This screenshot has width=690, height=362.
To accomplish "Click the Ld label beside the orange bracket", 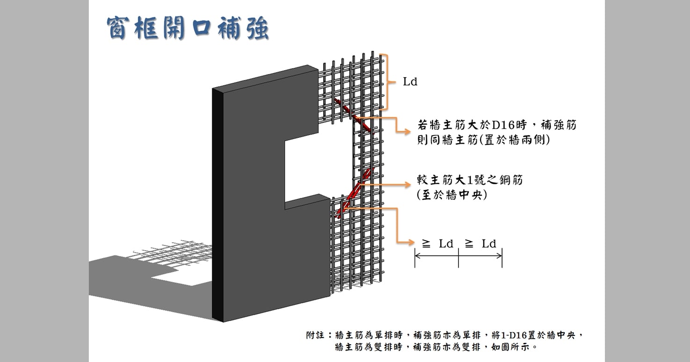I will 410,82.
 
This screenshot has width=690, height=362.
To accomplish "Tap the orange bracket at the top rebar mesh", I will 386,82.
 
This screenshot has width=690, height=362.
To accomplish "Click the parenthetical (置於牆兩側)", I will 514,140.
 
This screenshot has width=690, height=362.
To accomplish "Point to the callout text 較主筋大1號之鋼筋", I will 469,180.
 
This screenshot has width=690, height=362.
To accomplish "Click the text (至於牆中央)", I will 452,195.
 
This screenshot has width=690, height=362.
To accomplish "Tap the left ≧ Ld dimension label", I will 438,243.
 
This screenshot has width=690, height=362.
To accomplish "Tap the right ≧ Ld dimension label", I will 481,243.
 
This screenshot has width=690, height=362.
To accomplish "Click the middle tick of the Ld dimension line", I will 458,255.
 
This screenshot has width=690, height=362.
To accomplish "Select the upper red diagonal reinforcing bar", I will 355,117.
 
